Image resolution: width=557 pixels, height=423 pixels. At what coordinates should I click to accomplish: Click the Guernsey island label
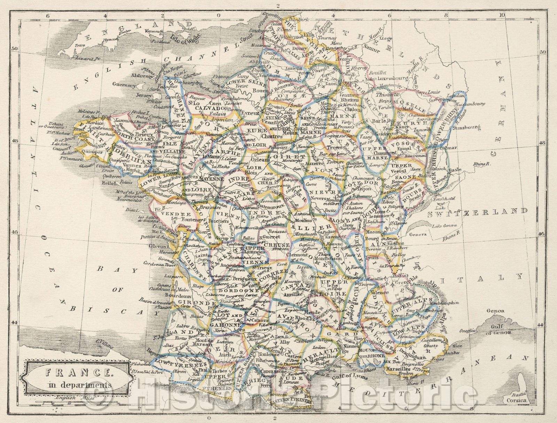(x=124, y=84)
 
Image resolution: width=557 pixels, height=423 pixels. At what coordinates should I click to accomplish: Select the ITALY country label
(x=481, y=277)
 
